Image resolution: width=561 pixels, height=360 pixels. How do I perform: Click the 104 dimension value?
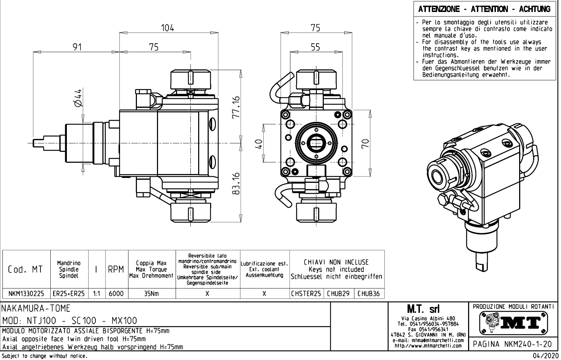point(168,28)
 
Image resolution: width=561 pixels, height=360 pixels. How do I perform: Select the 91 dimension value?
point(77,47)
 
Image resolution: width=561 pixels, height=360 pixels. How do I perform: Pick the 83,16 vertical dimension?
point(237,183)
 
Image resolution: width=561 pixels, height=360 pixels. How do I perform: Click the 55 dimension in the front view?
point(315,47)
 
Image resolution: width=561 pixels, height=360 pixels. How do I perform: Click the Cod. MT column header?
point(26,269)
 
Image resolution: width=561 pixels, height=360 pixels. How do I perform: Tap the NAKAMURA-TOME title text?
point(37,309)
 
